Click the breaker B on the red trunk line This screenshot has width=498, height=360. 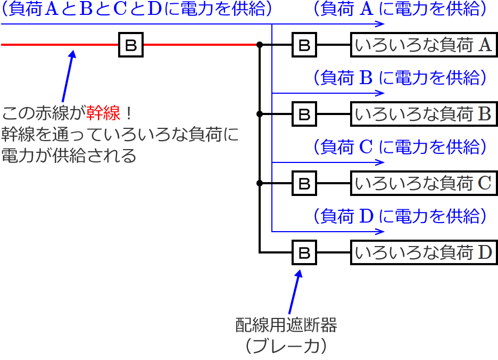coord(130,45)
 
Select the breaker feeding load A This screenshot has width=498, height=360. coord(304,45)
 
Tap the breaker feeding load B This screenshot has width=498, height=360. coord(304,114)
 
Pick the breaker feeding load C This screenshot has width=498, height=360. coord(304,183)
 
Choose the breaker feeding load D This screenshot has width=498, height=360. coord(304,252)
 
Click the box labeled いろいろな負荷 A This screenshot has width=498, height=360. coord(424,45)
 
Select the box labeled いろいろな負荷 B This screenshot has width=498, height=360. coord(424,114)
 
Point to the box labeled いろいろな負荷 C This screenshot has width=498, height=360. coord(424,183)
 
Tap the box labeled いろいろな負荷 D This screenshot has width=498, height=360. coord(424,252)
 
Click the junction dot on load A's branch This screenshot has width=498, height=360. coord(260,45)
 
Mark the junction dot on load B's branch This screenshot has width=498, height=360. coord(260,114)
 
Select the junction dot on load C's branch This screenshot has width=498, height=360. coord(260,183)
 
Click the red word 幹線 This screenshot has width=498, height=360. coord(103,113)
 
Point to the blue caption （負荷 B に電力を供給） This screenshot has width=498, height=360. coord(399,78)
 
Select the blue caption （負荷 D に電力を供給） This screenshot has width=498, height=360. coord(399,216)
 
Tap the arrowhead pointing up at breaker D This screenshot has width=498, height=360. coord(298,273)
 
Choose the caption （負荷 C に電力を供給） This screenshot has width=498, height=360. coord(399,147)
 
